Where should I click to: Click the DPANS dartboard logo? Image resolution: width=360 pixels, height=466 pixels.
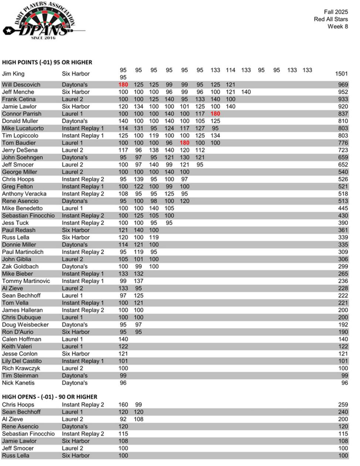click(x=44, y=21)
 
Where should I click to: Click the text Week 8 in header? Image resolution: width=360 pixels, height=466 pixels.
click(x=337, y=27)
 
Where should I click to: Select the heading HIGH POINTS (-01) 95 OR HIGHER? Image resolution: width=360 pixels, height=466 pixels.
click(x=47, y=62)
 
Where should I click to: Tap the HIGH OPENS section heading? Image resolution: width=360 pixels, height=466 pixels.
click(x=50, y=397)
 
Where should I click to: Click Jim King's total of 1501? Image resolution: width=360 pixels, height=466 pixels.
click(x=341, y=74)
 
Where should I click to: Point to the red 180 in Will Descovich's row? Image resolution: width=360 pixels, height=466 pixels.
click(x=123, y=85)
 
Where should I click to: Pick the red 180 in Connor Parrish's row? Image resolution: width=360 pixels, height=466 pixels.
click(x=215, y=114)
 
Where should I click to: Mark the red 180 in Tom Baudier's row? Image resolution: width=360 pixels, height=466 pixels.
click(x=184, y=143)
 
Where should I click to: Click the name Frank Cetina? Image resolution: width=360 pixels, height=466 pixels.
click(x=19, y=99)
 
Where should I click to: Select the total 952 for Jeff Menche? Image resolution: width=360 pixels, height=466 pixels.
click(x=343, y=92)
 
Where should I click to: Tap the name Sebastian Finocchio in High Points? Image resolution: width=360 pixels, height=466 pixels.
click(x=28, y=216)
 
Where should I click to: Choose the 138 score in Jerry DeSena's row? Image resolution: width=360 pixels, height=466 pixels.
click(x=154, y=150)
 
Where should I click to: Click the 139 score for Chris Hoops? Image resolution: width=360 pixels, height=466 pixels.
click(x=139, y=179)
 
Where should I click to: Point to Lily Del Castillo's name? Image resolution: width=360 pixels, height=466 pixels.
click(x=22, y=361)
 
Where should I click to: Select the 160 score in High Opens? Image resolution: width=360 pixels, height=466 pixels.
click(x=123, y=405)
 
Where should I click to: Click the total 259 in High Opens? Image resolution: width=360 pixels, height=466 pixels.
click(x=343, y=405)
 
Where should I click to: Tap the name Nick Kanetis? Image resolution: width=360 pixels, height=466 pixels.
click(x=18, y=383)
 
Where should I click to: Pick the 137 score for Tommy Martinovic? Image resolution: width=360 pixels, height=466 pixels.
click(x=139, y=281)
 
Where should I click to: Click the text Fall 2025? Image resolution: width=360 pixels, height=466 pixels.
click(x=336, y=12)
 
